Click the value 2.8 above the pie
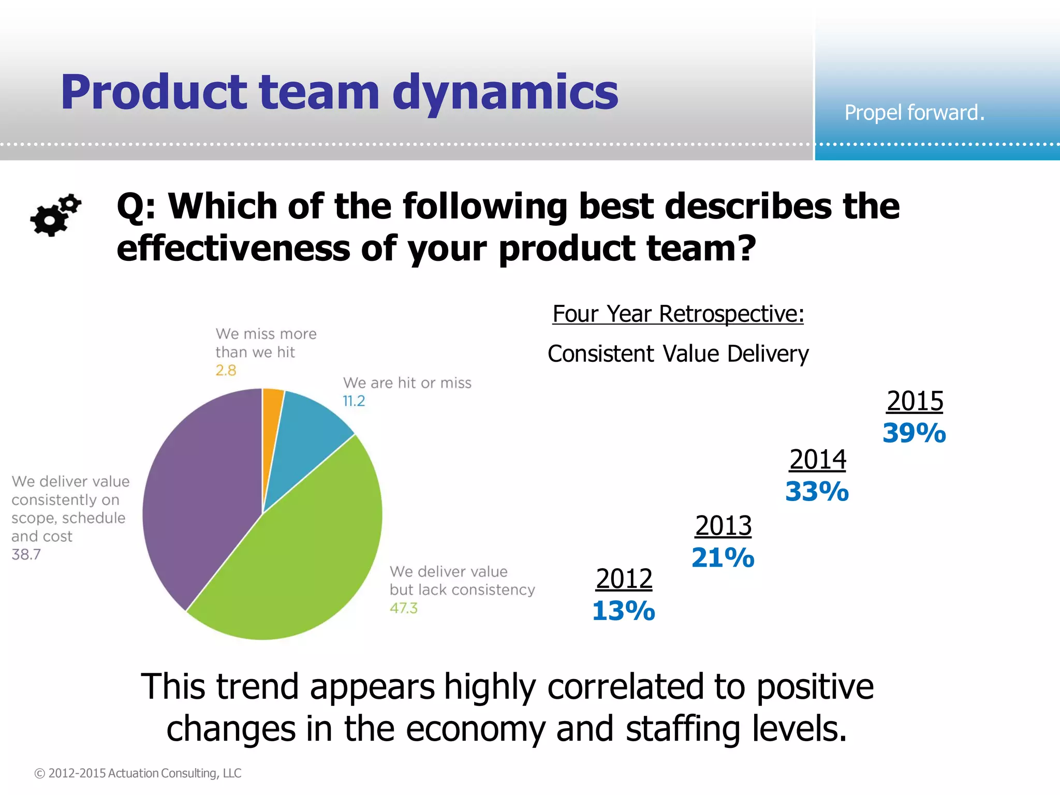tap(226, 371)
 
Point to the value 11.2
tap(354, 401)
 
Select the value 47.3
tap(404, 608)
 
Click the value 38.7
tap(26, 554)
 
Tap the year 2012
tap(624, 579)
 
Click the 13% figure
tap(624, 611)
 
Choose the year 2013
tap(723, 526)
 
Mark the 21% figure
tap(723, 558)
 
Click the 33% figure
tap(817, 492)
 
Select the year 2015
tap(915, 401)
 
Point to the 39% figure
tap(915, 433)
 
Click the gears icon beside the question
tap(55, 215)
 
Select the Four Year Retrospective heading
tap(678, 314)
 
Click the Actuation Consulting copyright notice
tap(138, 773)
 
